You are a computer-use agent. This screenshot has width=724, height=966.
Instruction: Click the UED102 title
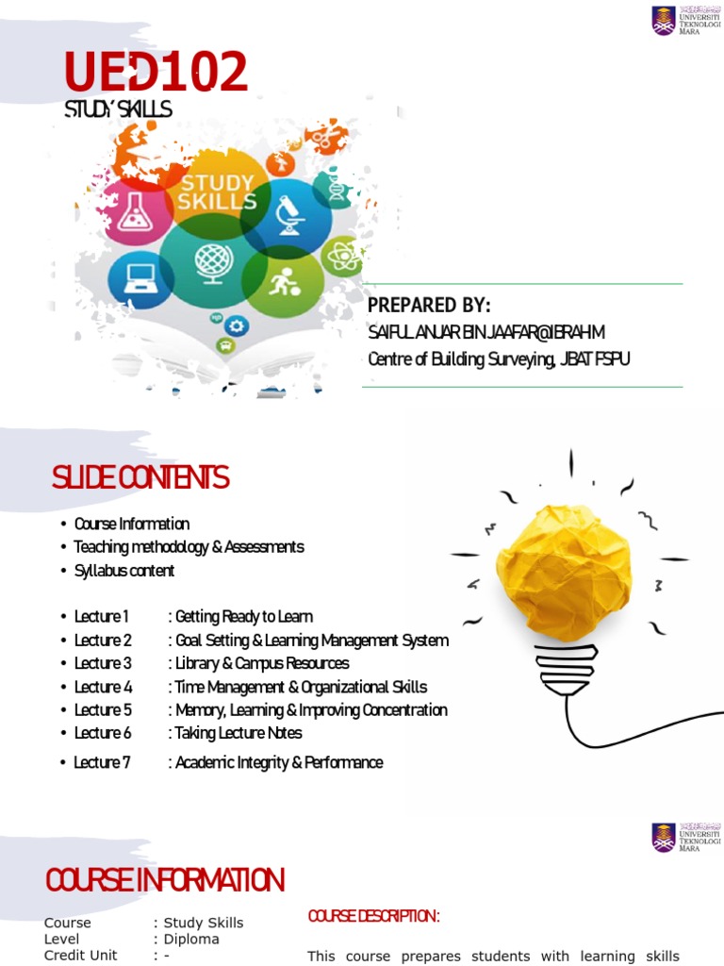point(156,73)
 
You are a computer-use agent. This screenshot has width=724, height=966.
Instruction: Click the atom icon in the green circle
point(341,256)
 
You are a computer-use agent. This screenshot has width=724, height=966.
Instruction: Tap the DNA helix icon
point(336,190)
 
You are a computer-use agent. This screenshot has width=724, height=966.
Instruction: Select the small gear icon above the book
point(236,325)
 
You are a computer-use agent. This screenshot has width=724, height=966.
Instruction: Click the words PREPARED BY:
point(429,307)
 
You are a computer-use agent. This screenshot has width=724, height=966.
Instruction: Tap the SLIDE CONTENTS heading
point(140,479)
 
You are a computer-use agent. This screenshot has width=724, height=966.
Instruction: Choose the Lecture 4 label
point(103,687)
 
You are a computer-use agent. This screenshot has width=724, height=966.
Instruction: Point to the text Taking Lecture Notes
point(239,733)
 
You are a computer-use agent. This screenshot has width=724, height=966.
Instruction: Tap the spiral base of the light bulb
point(567,669)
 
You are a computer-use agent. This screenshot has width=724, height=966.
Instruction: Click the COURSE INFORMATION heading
point(165,881)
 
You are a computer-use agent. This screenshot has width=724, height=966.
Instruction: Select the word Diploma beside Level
point(191,940)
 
